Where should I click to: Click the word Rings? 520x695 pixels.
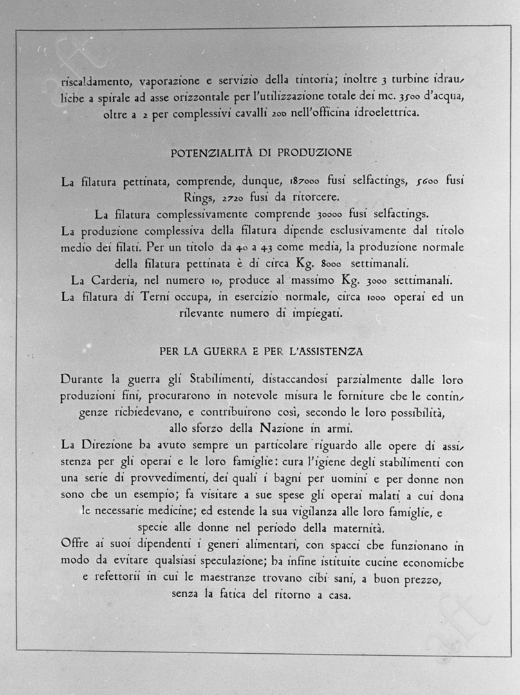(x=200, y=198)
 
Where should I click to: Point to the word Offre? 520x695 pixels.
(x=75, y=545)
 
